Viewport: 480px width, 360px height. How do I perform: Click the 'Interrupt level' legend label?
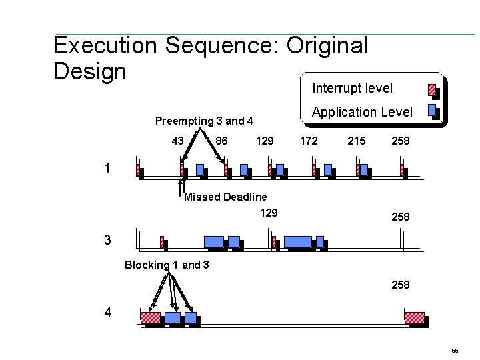352,88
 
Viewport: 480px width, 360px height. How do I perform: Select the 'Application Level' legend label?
362,112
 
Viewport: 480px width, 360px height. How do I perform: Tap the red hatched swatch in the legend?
431,89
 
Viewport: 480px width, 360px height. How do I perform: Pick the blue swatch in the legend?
431,110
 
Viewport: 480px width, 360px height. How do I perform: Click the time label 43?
178,141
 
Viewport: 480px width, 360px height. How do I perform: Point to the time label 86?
222,141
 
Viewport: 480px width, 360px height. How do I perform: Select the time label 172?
309,141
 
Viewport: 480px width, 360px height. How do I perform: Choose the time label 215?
357,141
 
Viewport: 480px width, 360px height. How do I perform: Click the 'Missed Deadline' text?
225,197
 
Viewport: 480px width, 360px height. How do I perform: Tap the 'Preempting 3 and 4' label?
204,121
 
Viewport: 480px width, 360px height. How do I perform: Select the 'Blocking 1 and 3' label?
167,265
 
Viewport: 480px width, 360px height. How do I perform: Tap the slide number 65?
455,350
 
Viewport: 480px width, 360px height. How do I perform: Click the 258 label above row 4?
401,285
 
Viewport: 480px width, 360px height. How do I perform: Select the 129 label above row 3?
269,213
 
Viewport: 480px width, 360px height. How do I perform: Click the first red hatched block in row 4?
151,317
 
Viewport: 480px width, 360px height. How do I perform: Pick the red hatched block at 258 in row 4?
415,317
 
